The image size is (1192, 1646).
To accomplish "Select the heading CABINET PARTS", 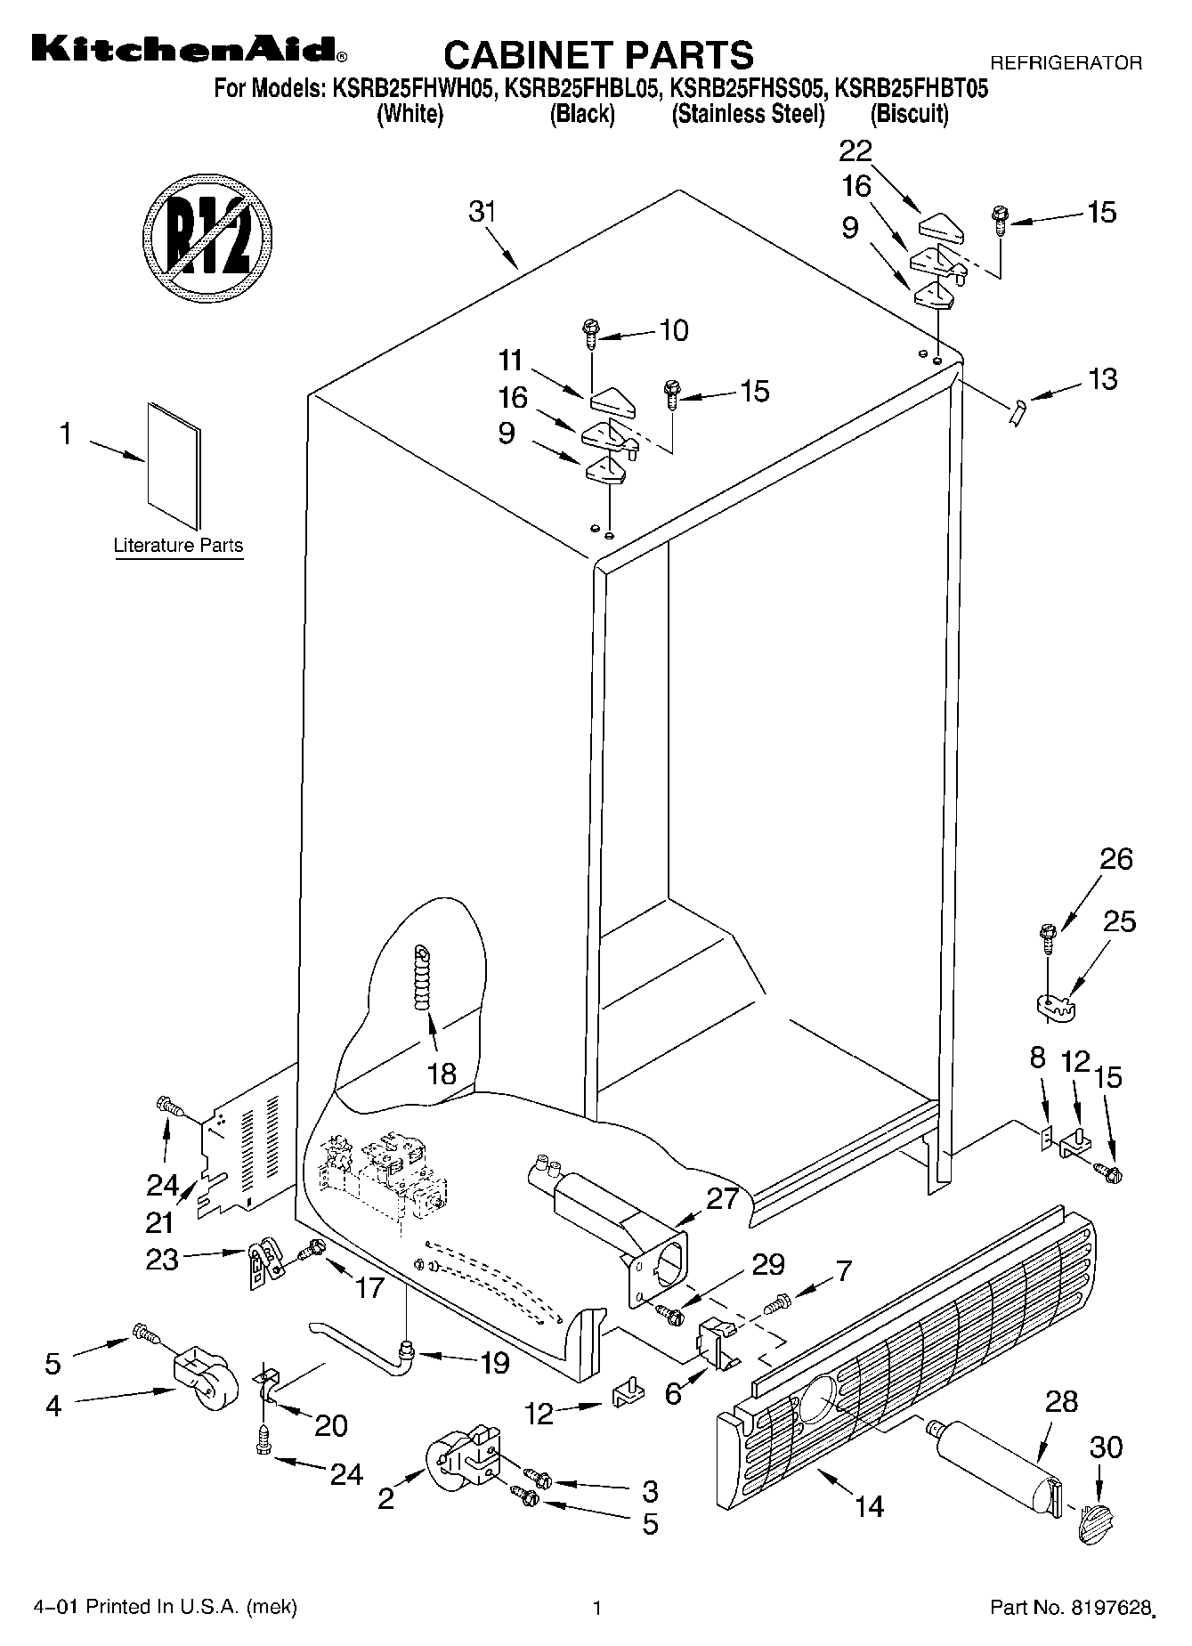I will [598, 54].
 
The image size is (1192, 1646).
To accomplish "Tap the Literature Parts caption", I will [178, 546].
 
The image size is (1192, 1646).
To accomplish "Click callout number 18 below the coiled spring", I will [442, 1073].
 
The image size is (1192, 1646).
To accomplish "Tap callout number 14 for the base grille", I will [869, 1506].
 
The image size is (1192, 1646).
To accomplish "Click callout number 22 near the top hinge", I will [855, 150].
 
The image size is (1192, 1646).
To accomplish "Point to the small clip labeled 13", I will [1018, 413].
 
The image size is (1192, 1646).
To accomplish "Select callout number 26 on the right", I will [1116, 858].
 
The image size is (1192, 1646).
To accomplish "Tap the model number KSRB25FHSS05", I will [747, 88].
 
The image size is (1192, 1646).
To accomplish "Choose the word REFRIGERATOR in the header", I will [1066, 63].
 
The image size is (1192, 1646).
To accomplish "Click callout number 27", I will [722, 1198].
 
